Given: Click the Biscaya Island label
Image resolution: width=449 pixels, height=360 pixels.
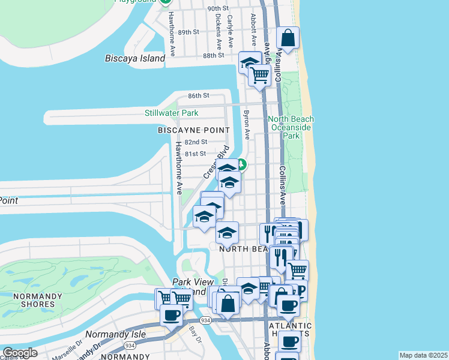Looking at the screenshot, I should pyautogui.click(x=134, y=58).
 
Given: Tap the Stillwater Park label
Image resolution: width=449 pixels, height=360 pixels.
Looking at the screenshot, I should pyautogui.click(x=171, y=113).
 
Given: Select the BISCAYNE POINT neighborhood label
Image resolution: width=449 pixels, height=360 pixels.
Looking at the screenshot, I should pyautogui.click(x=193, y=130).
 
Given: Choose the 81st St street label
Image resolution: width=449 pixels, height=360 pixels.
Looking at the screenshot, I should pyautogui.click(x=195, y=154).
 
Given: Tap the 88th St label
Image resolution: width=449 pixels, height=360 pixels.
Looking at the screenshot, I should pyautogui.click(x=213, y=55).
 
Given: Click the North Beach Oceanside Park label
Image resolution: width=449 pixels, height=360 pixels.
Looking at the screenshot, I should pyautogui.click(x=291, y=127).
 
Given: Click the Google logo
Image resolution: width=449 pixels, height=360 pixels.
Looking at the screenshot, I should pyautogui.click(x=20, y=353).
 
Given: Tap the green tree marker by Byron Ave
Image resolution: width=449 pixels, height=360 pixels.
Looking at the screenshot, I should pyautogui.click(x=241, y=163).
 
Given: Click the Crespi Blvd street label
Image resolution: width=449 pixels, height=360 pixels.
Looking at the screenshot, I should pyautogui.click(x=217, y=161).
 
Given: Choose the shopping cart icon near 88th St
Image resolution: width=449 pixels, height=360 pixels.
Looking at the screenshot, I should pyautogui.click(x=259, y=76).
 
